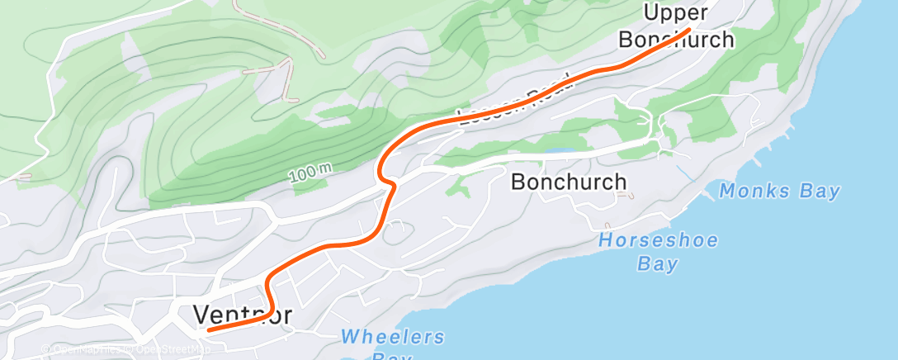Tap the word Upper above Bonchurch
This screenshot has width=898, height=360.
coord(676,13)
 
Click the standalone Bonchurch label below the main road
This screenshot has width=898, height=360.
coord(569,182)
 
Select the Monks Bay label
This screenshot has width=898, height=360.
coord(779,192)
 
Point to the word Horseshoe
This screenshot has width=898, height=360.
coord(658,241)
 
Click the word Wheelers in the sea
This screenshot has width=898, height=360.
coord(393,337)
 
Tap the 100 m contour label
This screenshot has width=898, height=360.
coord(311,173)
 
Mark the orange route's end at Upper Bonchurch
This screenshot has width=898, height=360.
coord(688,30)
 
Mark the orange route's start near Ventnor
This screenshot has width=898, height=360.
coord(208,329)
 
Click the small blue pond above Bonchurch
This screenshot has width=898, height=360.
coord(557,152)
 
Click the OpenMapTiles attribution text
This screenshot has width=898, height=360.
coord(87,350)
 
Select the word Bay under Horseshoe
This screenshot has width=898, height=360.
coord(658,264)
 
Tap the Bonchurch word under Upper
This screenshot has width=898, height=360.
coord(676,39)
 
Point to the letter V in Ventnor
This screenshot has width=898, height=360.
coord(201,315)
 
